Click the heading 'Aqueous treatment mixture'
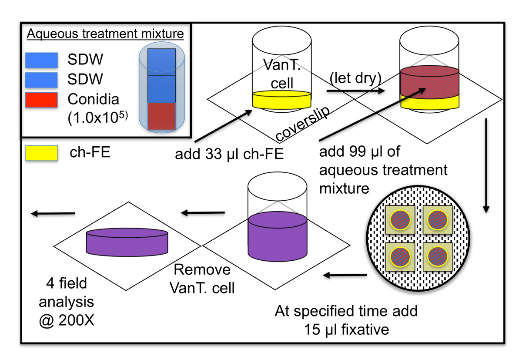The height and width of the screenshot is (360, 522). click(105, 34)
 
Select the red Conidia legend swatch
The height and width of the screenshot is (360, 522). click(41, 100)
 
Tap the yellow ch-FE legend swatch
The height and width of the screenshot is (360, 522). click(41, 153)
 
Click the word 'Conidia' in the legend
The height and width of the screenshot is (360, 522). click(93, 99)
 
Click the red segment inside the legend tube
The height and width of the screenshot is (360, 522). click(161, 116)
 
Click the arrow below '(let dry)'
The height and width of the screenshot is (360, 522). click(355, 91)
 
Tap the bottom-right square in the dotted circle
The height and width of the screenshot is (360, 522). click(438, 258)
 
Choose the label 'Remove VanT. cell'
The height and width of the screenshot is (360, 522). click(203, 278)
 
